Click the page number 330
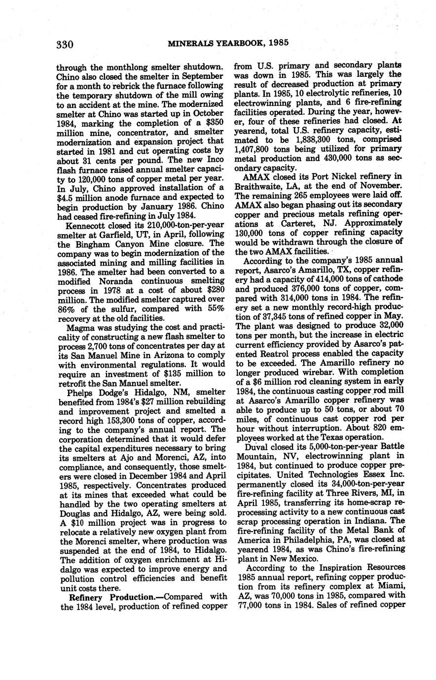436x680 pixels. pos(65,45)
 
